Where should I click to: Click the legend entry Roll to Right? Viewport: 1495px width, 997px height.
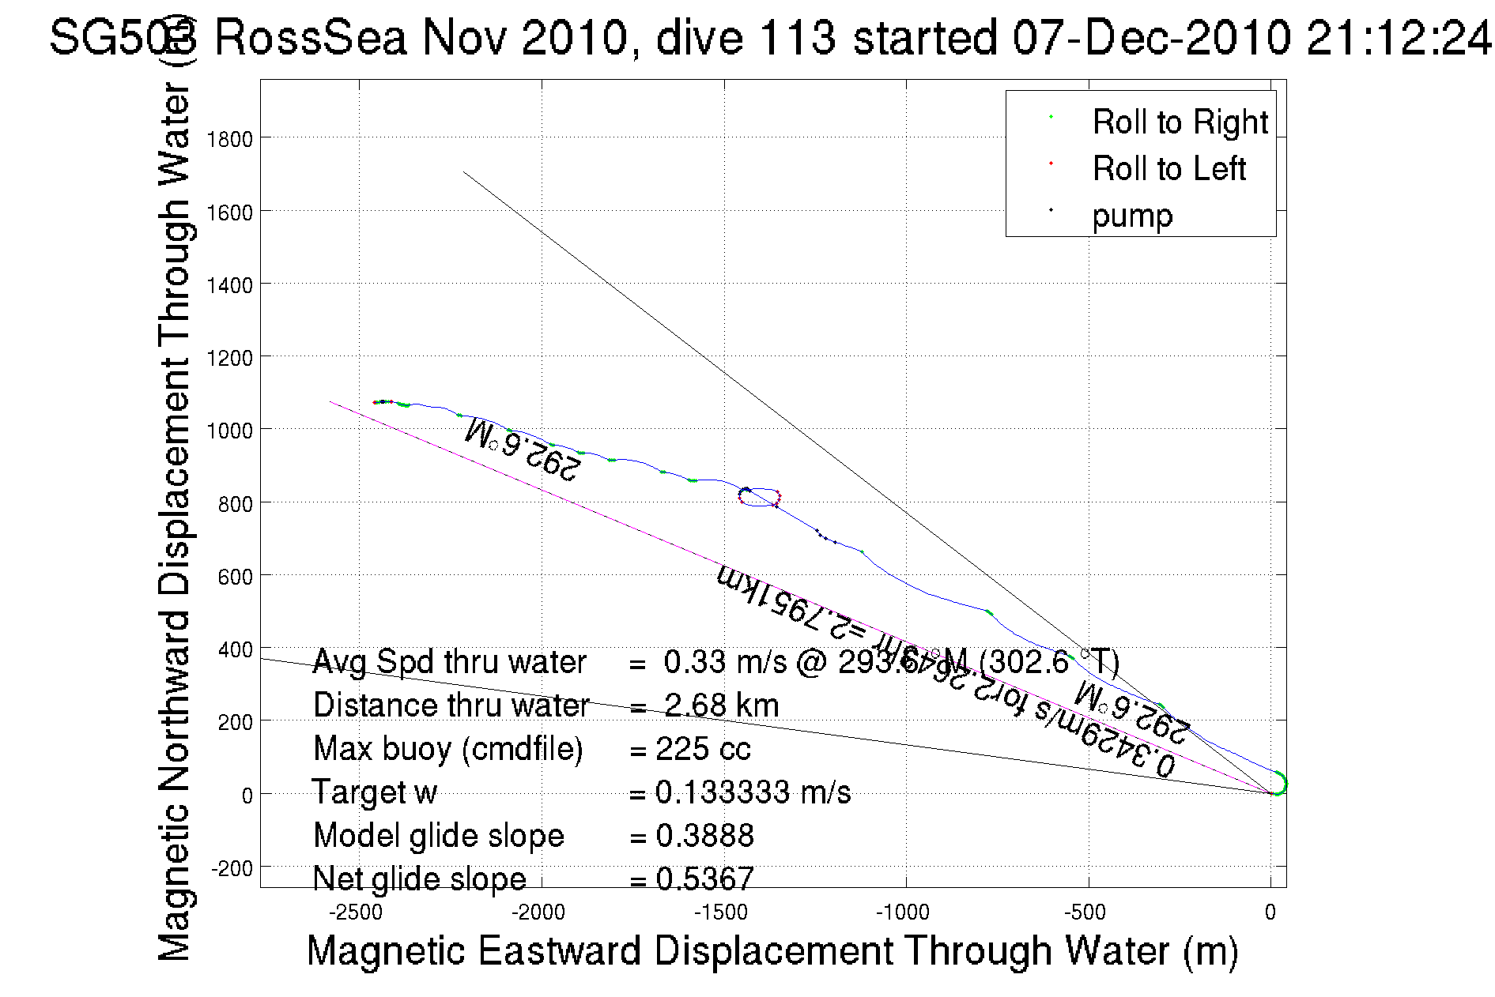1180,122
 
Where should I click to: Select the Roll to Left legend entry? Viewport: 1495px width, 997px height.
1168,169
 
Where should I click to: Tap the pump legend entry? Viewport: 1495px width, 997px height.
1132,216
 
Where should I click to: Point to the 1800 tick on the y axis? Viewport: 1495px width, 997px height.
229,140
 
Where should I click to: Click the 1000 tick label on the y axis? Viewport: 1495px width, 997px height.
229,431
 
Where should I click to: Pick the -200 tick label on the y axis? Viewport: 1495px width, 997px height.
231,868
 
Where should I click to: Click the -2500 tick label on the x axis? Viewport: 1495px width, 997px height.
356,913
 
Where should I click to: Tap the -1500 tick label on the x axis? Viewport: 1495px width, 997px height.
720,913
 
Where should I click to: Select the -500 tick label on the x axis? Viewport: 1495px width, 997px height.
1085,913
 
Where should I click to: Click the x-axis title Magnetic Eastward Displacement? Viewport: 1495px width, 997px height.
772,950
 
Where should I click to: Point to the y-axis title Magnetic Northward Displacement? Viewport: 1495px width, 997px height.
175,524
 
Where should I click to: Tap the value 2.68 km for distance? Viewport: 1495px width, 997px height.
721,705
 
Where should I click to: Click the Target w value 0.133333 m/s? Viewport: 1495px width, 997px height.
753,792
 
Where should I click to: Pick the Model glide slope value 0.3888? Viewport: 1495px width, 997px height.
704,836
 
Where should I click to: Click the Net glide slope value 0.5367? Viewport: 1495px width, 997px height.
704,878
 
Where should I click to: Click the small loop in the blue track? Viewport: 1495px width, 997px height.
760,497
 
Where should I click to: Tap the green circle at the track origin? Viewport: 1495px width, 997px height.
1278,784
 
